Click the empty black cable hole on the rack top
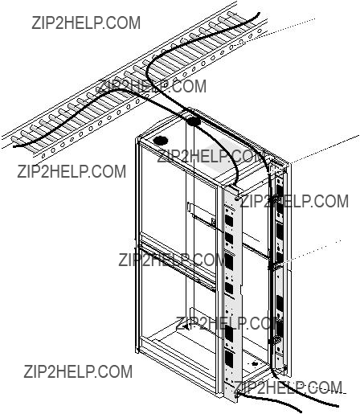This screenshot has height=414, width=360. tap(161, 141)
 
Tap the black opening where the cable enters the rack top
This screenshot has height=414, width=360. tap(194, 122)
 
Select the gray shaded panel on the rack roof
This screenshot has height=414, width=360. tap(227, 158)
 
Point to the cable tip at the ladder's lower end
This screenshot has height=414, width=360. tap(14, 146)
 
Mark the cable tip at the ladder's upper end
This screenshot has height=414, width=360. tap(259, 14)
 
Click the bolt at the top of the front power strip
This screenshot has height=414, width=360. tap(238, 199)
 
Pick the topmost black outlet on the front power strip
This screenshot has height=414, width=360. tap(229, 220)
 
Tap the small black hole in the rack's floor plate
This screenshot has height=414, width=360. tap(254, 364)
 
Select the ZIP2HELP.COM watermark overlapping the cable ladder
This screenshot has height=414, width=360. tap(152, 86)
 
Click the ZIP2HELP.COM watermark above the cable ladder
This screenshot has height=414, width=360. tap(86, 23)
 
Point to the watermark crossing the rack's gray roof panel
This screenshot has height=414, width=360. tap(211, 156)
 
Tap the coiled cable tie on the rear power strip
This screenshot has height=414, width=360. tap(275, 341)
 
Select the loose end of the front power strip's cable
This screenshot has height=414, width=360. tap(300, 410)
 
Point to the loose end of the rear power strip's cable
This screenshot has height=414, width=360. tap(337, 406)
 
